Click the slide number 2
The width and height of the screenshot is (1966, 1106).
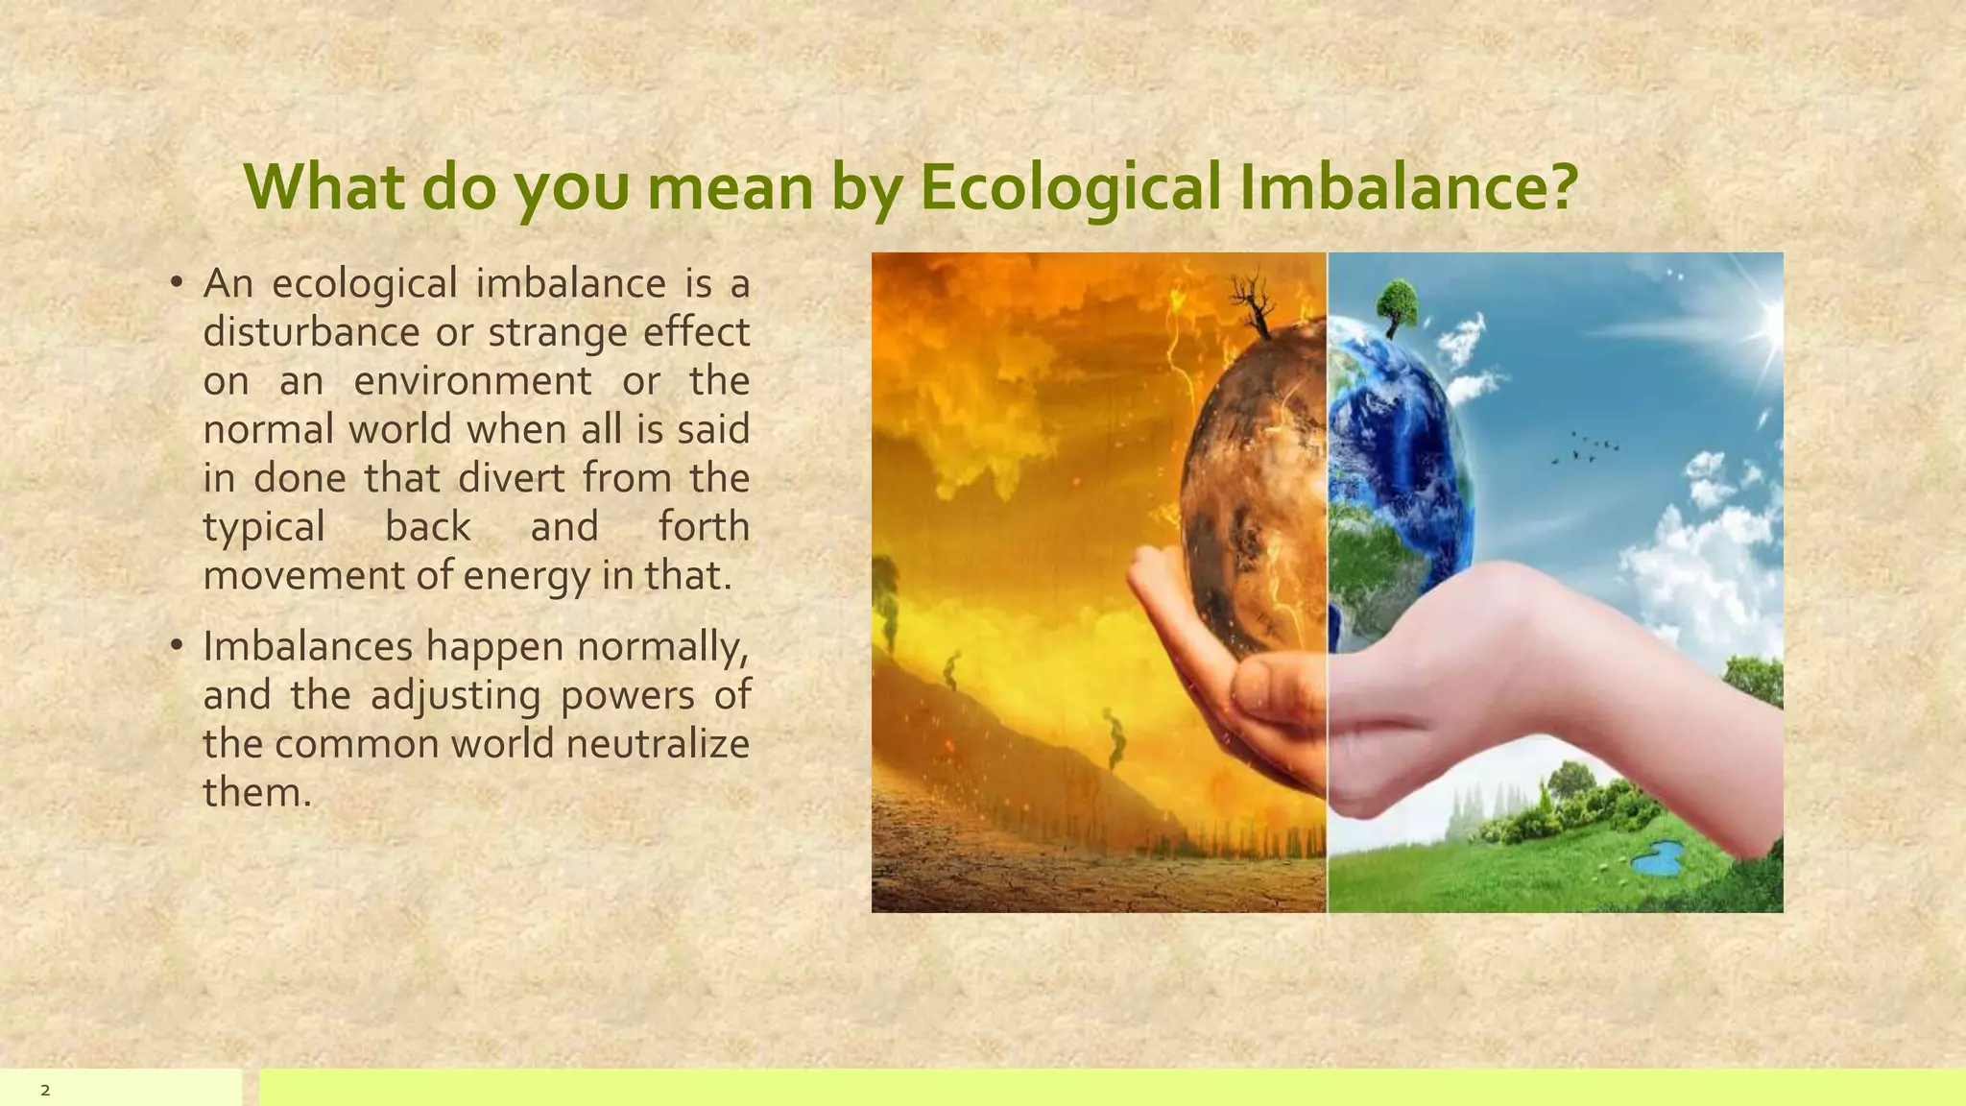pos(45,1091)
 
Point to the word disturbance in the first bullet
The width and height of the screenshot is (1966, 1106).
pos(311,332)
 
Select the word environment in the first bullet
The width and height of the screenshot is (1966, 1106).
pos(472,381)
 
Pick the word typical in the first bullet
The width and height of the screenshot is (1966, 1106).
pos(264,528)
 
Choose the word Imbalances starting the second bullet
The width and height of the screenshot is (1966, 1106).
pos(307,646)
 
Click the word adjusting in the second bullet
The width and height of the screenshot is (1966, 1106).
pos(455,695)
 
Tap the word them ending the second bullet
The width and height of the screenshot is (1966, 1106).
pos(256,793)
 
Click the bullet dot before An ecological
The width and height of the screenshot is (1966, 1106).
pos(176,282)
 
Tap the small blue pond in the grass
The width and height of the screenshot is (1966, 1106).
pos(1660,857)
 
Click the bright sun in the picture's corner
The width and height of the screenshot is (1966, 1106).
pos(1764,322)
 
